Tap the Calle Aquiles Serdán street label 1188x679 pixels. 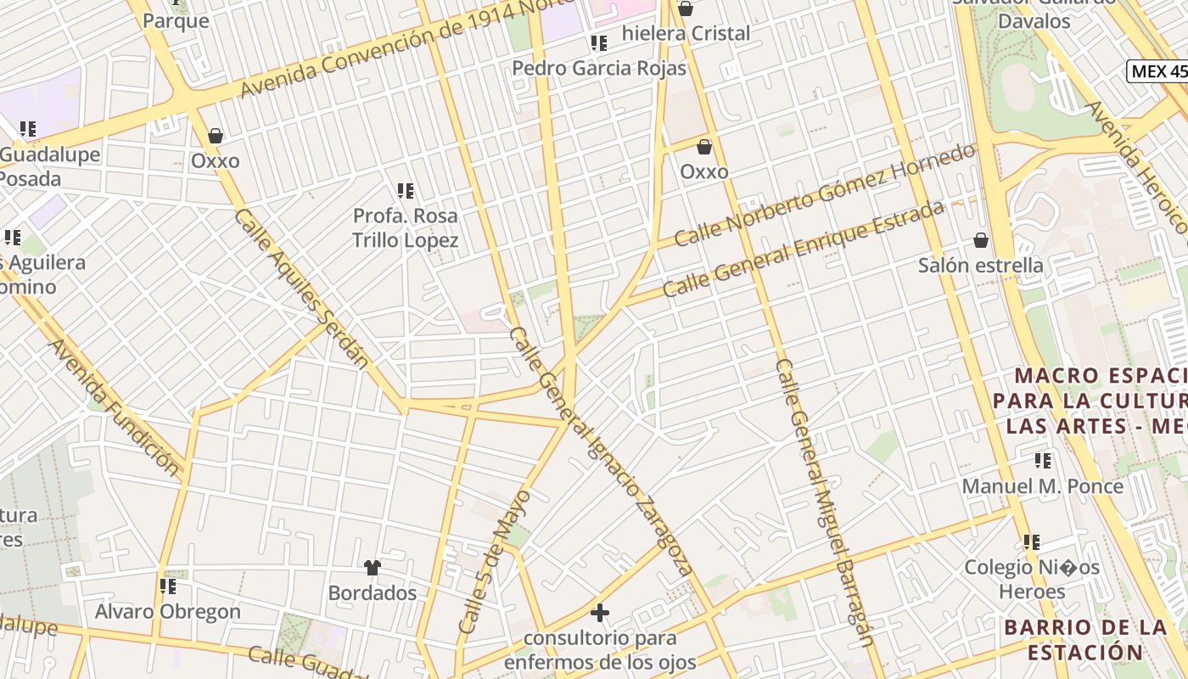coord(300,289)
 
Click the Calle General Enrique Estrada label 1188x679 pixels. coord(803,249)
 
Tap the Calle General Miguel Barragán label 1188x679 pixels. coord(823,501)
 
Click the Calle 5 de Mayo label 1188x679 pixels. coord(494,561)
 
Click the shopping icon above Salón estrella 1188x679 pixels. coord(981,240)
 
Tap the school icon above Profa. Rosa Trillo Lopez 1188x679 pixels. coord(406,191)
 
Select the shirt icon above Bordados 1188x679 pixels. coord(372,567)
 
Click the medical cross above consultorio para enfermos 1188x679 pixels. coord(600,612)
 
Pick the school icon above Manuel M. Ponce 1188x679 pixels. coord(1042,461)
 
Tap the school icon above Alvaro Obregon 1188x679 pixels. coord(168,586)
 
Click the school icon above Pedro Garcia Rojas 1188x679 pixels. coord(599,42)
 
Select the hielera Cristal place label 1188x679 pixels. coord(686,34)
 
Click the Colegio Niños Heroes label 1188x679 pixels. coord(1031,579)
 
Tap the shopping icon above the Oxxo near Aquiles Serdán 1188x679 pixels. coord(216,136)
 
